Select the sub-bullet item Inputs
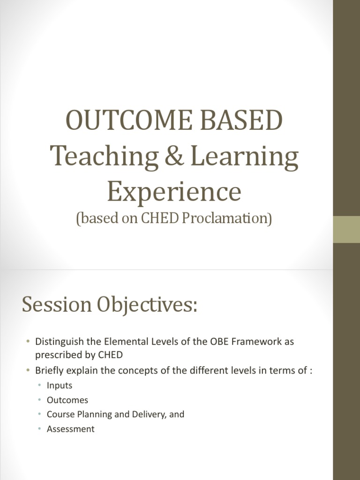tap(60, 386)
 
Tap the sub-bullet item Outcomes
tap(67, 400)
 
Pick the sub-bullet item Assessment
tap(70, 428)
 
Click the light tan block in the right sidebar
tap(346, 230)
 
